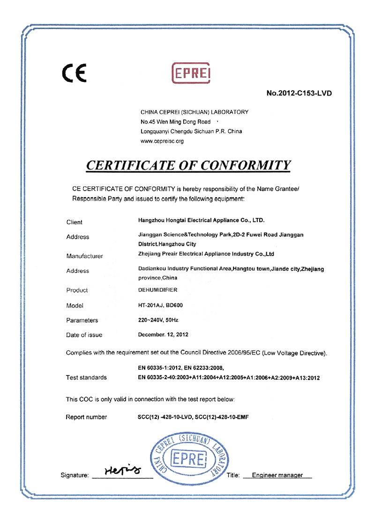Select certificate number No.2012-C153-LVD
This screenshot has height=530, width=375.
(299, 93)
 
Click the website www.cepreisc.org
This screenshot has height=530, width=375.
(162, 141)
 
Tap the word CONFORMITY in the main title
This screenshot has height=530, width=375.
(236, 165)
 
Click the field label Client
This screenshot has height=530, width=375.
(75, 222)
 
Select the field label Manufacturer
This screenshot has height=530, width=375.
(85, 256)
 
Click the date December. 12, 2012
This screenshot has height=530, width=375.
(163, 335)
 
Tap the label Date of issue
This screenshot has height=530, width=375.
(84, 335)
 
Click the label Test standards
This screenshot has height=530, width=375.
(86, 377)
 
